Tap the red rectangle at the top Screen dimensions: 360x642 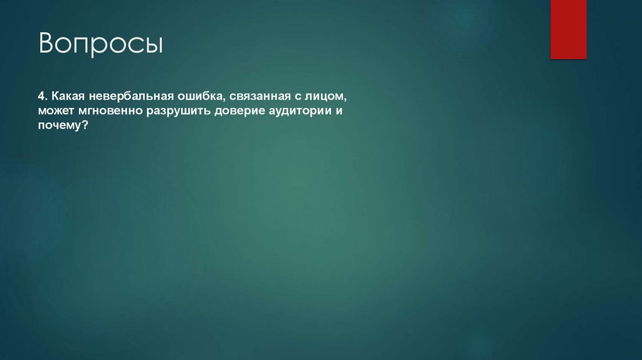[568, 29]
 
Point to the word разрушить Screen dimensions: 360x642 [177, 112]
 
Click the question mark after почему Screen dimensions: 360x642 [84, 126]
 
